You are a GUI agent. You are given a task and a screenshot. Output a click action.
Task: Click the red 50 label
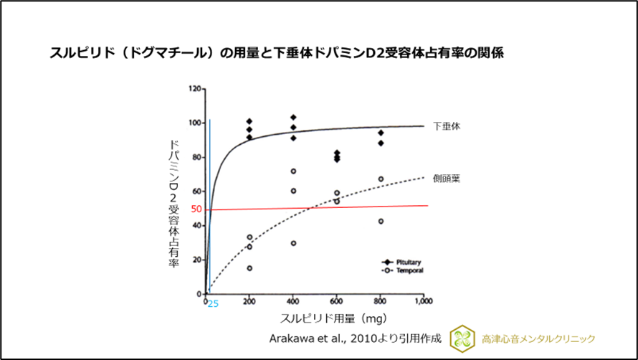click(x=196, y=209)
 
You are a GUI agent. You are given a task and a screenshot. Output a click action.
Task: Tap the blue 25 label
click(x=213, y=304)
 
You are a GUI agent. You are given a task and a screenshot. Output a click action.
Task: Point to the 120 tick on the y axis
click(x=194, y=89)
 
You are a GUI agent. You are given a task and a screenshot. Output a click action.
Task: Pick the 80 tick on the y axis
click(x=196, y=157)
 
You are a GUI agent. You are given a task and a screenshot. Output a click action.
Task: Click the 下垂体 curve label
click(x=447, y=125)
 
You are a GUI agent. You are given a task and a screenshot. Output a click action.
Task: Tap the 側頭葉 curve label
click(x=447, y=179)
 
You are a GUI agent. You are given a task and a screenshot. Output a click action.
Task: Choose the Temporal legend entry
click(x=405, y=270)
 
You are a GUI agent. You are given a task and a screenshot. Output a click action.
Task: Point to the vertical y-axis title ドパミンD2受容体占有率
click(x=173, y=204)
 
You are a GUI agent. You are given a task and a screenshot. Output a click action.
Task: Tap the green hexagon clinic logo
click(x=462, y=338)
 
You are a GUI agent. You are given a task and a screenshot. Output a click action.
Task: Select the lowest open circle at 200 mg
click(x=249, y=268)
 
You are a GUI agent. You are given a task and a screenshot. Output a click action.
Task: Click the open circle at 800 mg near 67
click(x=381, y=179)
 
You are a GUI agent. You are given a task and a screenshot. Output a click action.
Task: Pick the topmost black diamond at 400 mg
click(x=293, y=117)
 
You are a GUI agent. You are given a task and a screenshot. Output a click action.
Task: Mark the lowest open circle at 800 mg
click(x=381, y=221)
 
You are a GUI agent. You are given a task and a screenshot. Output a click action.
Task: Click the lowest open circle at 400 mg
click(x=293, y=243)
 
